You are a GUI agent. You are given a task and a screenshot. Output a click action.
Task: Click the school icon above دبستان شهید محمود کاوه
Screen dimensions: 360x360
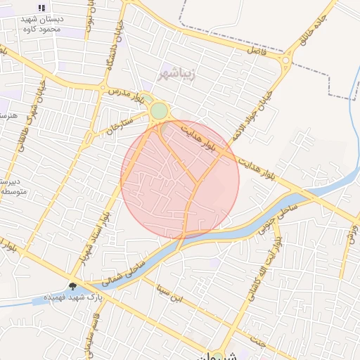pos(41,8)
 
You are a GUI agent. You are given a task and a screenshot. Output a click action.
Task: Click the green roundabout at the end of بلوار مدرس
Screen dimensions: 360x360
pos(160,110)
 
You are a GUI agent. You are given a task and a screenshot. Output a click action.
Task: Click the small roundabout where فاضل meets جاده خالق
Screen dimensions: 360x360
pos(287,60)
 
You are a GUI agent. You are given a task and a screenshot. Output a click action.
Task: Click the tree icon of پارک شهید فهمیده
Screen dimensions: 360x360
pos(73,286)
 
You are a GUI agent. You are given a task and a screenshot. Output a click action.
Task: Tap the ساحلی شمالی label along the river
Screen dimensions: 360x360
pos(127,269)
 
